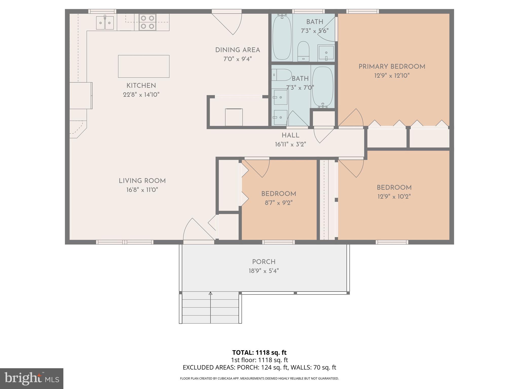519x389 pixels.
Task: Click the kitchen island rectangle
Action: (144, 66)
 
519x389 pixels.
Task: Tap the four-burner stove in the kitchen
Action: (147, 22)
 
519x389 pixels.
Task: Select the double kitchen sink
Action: (105, 23)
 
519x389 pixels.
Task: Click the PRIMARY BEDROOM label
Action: (392, 67)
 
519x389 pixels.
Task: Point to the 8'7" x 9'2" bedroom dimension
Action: (279, 203)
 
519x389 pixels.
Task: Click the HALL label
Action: (290, 135)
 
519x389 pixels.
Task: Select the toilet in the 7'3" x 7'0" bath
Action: (281, 75)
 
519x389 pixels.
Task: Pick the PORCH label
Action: (264, 262)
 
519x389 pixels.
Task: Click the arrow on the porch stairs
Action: (210, 294)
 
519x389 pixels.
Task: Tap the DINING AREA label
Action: (237, 50)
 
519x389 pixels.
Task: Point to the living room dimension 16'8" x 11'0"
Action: (142, 190)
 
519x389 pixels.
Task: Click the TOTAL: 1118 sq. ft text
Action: (259, 352)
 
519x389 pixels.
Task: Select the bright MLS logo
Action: (31, 378)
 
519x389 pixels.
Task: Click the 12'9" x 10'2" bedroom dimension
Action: (394, 197)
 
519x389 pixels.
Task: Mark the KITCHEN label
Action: (141, 86)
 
